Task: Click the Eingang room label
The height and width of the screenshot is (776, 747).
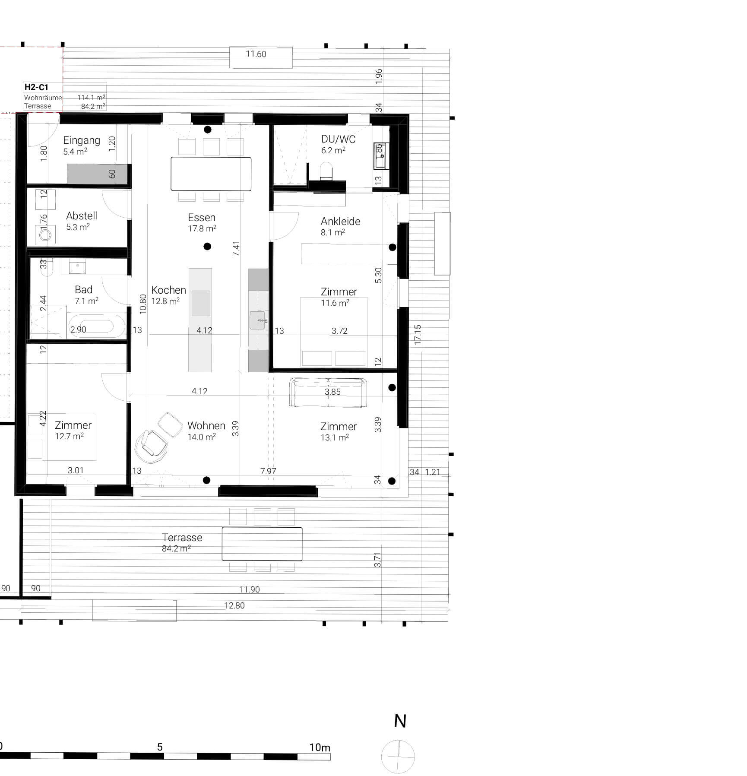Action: tap(81, 140)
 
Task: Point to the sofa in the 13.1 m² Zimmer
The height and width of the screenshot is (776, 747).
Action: tap(328, 393)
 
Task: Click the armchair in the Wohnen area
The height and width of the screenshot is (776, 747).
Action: tap(151, 443)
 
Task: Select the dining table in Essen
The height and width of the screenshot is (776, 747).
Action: tap(211, 174)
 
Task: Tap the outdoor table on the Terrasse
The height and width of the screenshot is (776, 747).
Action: tap(262, 544)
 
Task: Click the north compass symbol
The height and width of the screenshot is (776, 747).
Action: tap(398, 757)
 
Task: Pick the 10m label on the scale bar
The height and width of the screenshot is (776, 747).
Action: tap(320, 747)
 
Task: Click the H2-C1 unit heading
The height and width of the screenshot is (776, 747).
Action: tap(36, 87)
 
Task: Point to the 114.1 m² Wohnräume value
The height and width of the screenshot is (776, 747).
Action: tap(91, 98)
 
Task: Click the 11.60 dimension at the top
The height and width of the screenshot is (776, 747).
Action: tap(256, 54)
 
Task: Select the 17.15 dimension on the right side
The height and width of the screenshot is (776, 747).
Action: tap(418, 335)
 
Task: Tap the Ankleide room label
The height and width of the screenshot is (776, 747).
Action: tap(340, 222)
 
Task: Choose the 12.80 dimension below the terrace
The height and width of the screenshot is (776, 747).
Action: tap(234, 605)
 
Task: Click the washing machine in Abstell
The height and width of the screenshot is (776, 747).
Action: tap(45, 235)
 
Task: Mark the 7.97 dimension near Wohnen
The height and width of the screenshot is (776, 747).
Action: tap(268, 471)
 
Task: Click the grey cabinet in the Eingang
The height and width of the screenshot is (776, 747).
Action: tap(97, 174)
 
